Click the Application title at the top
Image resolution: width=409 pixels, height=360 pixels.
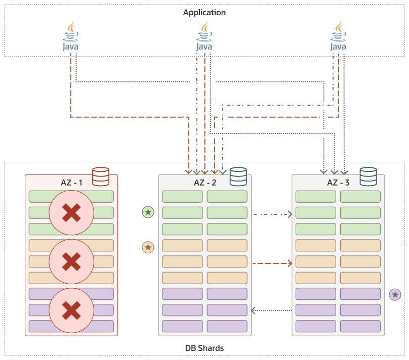(x=204, y=12)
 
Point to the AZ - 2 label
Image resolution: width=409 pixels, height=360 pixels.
(x=205, y=183)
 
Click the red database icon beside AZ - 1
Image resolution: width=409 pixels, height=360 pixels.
(x=101, y=176)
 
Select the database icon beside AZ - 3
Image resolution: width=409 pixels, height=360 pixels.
(x=368, y=176)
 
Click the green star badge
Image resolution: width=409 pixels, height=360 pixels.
(x=148, y=212)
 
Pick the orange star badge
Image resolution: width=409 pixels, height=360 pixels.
(x=148, y=247)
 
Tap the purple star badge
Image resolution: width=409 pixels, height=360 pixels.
(x=395, y=294)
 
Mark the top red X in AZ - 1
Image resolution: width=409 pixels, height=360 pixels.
(x=71, y=213)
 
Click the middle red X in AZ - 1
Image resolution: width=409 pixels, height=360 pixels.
(x=71, y=262)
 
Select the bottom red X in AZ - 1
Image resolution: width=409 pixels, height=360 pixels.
(x=71, y=310)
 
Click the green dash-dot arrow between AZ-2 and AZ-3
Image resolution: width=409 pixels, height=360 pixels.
(x=272, y=214)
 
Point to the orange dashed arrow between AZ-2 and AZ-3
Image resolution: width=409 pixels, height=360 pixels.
(x=272, y=263)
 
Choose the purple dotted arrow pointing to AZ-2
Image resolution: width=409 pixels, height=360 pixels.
(x=272, y=310)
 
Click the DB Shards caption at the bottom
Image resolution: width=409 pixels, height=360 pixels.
(x=204, y=348)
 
